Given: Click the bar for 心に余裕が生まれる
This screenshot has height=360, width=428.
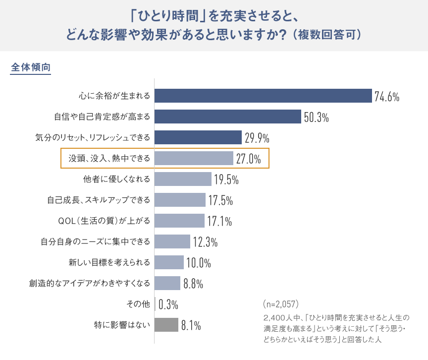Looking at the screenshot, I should pyautogui.click(x=263, y=96).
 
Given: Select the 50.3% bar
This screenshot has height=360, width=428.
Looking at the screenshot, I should pyautogui.click(x=228, y=117).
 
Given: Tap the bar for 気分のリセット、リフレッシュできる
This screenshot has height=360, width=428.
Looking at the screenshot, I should pyautogui.click(x=198, y=137).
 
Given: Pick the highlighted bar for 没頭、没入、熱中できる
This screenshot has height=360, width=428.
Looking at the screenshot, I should pyautogui.click(x=194, y=158).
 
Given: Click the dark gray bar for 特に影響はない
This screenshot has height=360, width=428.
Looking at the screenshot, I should pyautogui.click(x=166, y=325).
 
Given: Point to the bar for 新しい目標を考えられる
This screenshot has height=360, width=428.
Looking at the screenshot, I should pyautogui.click(x=169, y=262).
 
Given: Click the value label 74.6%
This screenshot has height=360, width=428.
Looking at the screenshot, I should pyautogui.click(x=387, y=97).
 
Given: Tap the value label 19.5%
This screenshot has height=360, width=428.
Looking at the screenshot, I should pyautogui.click(x=226, y=180).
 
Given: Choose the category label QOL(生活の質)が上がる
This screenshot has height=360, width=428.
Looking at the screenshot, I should pyautogui.click(x=104, y=221).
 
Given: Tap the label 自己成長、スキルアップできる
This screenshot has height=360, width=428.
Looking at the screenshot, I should pyautogui.click(x=99, y=200).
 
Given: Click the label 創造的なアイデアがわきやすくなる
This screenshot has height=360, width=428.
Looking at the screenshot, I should pyautogui.click(x=90, y=283).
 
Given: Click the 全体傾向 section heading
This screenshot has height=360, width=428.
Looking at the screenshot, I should pyautogui.click(x=30, y=68).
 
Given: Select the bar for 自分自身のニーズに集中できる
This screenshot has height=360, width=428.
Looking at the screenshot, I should pyautogui.click(x=172, y=241).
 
